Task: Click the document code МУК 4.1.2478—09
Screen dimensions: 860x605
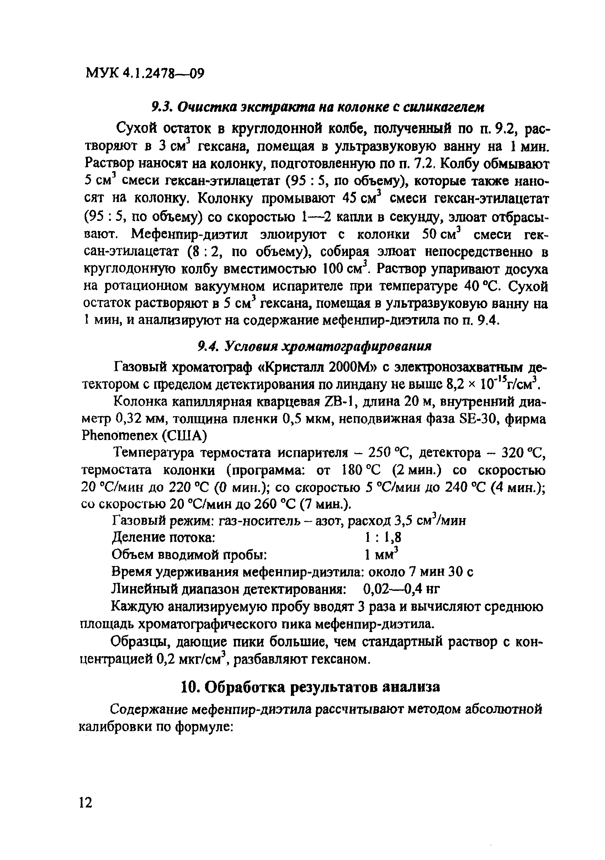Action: pyautogui.click(x=145, y=73)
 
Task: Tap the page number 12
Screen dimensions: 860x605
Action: pyautogui.click(x=85, y=802)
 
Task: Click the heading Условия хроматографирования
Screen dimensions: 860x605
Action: pyautogui.click(x=328, y=347)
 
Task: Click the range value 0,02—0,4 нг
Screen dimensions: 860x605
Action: pyautogui.click(x=401, y=589)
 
